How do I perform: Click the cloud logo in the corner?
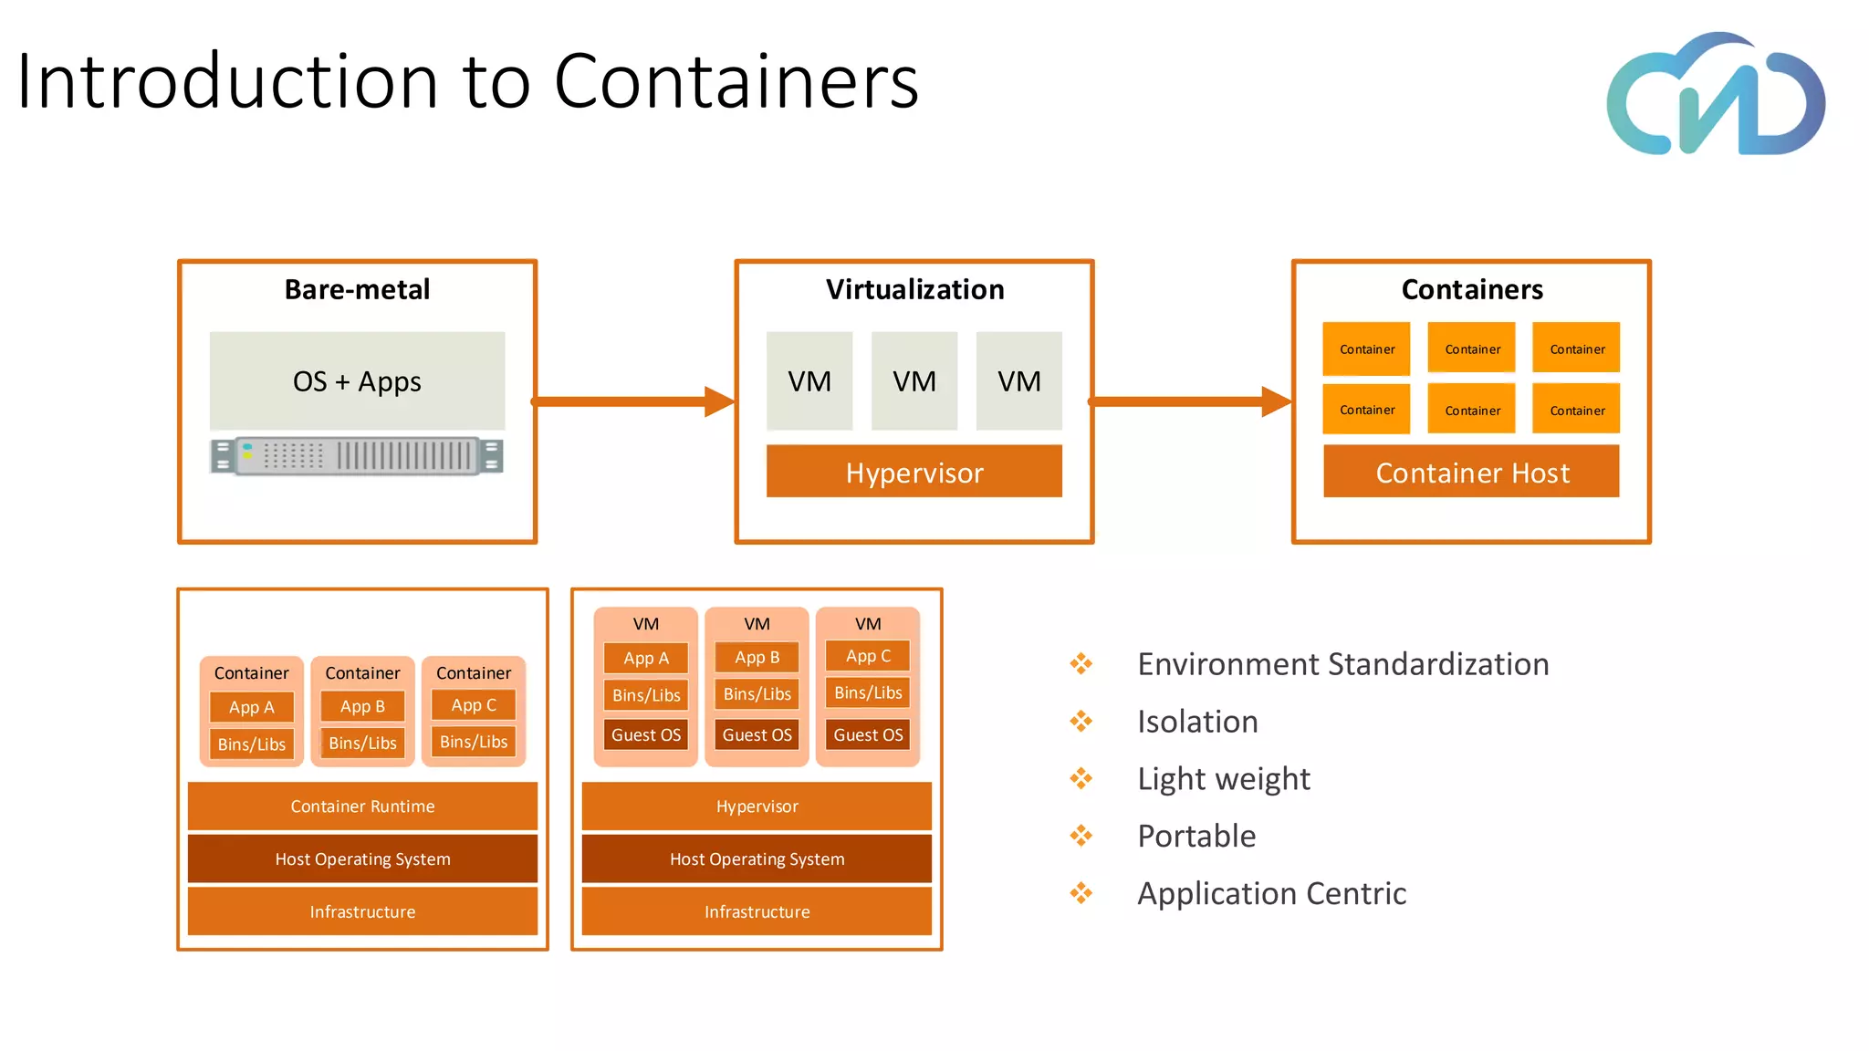point(1716,94)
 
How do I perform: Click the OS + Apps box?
point(357,380)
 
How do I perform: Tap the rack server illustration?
point(357,456)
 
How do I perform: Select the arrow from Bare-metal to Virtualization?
point(633,401)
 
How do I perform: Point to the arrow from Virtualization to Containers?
point(1190,401)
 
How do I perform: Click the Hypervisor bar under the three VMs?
point(914,472)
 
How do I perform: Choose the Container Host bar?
point(1471,472)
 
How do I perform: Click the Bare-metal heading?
point(357,289)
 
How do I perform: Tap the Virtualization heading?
point(914,289)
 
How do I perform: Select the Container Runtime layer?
point(362,806)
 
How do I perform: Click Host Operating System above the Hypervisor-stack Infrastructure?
point(757,859)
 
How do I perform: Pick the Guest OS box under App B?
point(757,734)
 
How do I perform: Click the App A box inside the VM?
point(646,658)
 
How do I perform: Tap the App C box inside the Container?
point(474,705)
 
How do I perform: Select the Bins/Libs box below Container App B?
point(362,743)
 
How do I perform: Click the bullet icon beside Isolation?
point(1081,722)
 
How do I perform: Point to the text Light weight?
point(1223,779)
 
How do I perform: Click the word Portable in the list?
point(1196,836)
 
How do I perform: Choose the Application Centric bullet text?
point(1271,894)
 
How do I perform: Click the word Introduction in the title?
point(228,81)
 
